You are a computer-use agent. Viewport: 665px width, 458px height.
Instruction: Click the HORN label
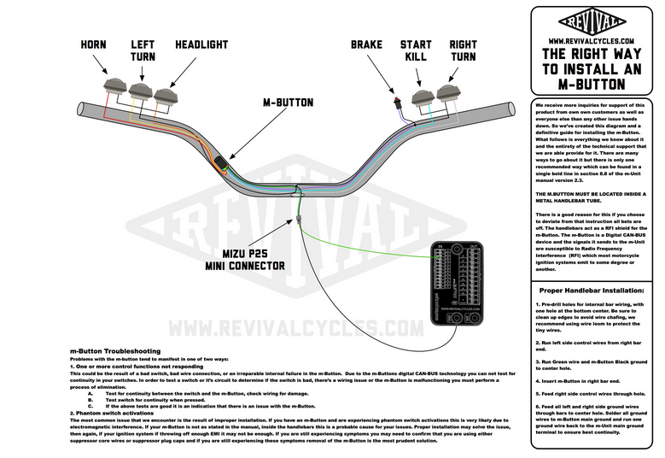[x=94, y=44]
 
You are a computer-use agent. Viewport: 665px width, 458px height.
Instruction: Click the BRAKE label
[x=369, y=44]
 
